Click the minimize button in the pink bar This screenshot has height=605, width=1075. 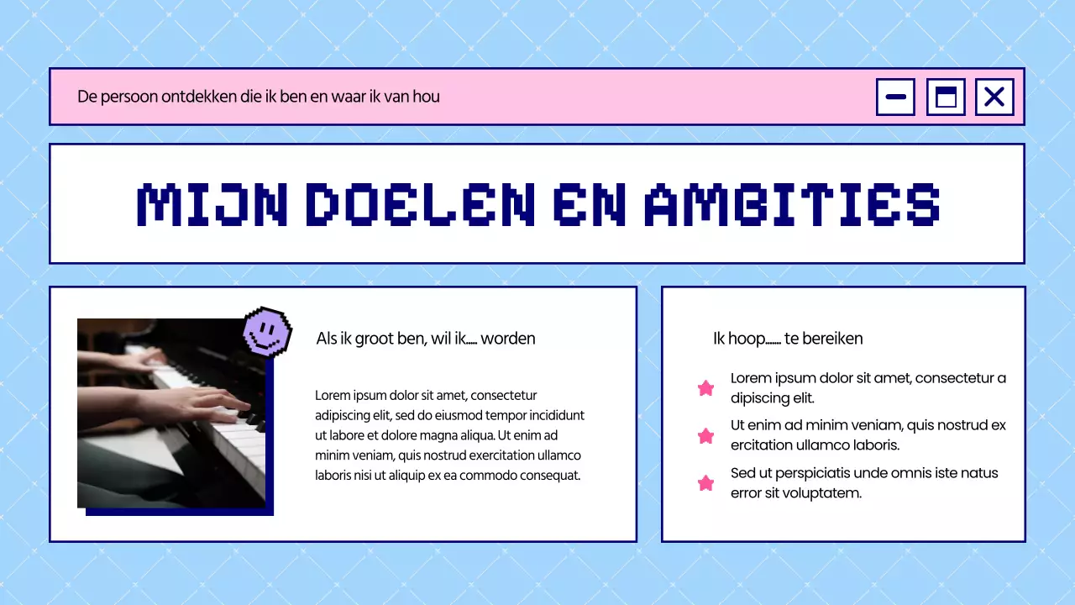click(x=895, y=97)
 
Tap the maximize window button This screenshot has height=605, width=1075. click(x=946, y=97)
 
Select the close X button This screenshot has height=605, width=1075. click(x=994, y=97)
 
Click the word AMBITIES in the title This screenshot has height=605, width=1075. click(x=791, y=204)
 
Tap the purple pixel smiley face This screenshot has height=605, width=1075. click(x=267, y=331)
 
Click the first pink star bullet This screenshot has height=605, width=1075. click(x=706, y=388)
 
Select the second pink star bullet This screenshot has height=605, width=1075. click(x=706, y=436)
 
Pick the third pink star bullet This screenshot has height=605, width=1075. click(x=706, y=483)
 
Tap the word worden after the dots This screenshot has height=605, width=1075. click(x=508, y=339)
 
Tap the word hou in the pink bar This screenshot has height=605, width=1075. click(x=427, y=97)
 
